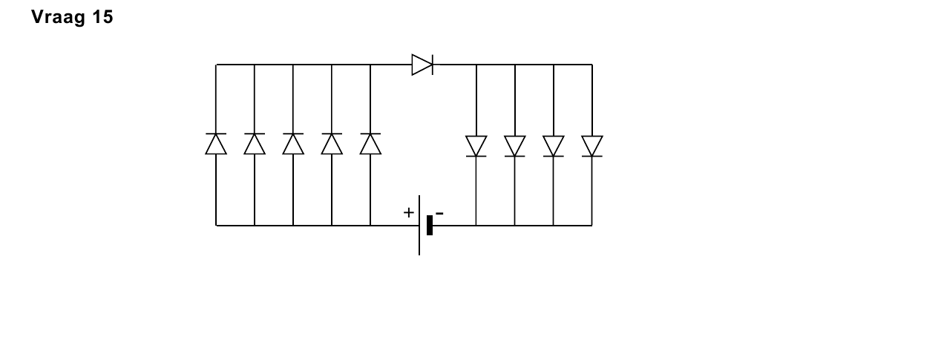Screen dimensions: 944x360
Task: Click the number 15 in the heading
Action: coord(102,17)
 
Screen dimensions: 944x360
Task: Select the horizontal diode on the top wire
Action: coord(422,65)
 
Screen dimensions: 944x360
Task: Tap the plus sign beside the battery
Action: coord(408,212)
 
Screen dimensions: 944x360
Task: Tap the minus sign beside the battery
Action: coord(439,214)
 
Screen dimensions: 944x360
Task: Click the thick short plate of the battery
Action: coord(430,225)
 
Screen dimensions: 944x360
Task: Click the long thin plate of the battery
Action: coord(419,225)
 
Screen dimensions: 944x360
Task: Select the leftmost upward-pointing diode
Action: coord(216,144)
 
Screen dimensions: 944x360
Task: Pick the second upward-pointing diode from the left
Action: coord(255,144)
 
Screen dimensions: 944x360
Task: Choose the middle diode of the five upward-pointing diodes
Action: coord(293,144)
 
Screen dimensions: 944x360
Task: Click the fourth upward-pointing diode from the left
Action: coord(332,144)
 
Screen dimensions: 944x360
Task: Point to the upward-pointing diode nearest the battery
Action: coord(370,144)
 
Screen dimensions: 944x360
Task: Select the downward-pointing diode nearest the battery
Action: coord(476,146)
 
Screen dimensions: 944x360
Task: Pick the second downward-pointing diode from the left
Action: coord(514,146)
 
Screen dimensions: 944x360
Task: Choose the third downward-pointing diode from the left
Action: coord(554,146)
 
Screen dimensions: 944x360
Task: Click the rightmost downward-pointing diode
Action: coord(592,146)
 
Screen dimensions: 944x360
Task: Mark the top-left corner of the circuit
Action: coord(216,65)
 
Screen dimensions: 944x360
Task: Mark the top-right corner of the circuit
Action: coord(592,65)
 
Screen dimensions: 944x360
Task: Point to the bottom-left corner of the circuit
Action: coord(216,226)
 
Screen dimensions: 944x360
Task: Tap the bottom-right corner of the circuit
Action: coord(592,226)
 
